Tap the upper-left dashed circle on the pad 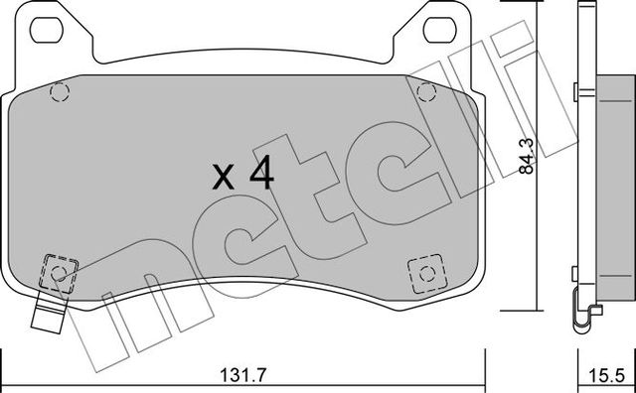pyautogui.click(x=59, y=93)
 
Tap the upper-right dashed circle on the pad pyautogui.click(x=427, y=92)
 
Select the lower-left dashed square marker pyautogui.click(x=61, y=271)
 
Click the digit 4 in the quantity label pyautogui.click(x=259, y=175)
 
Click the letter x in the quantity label pyautogui.click(x=224, y=180)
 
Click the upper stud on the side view pyautogui.click(x=576, y=92)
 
